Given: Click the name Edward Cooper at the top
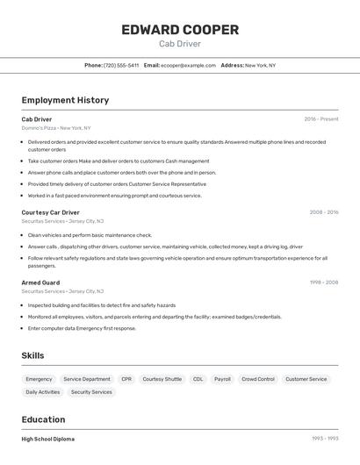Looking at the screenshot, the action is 180,30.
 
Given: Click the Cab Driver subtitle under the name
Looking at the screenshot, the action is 180,43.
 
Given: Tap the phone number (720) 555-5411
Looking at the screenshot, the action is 121,65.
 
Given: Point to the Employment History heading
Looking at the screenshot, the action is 65,100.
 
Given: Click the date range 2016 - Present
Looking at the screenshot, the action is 321,118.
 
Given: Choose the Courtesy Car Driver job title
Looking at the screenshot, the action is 50,212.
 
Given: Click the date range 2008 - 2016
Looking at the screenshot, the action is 324,212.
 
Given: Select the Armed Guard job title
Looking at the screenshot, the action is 40,282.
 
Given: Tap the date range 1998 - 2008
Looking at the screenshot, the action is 324,282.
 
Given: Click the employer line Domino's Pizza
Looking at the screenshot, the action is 56,128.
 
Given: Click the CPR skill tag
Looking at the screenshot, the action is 126,379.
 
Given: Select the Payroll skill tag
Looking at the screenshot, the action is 223,379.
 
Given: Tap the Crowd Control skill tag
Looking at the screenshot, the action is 258,379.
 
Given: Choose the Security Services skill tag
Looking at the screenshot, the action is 91,392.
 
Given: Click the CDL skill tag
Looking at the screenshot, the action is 198,379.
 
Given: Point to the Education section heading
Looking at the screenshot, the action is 44,419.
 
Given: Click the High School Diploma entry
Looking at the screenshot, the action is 48,439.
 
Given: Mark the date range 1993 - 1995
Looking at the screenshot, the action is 325,439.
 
